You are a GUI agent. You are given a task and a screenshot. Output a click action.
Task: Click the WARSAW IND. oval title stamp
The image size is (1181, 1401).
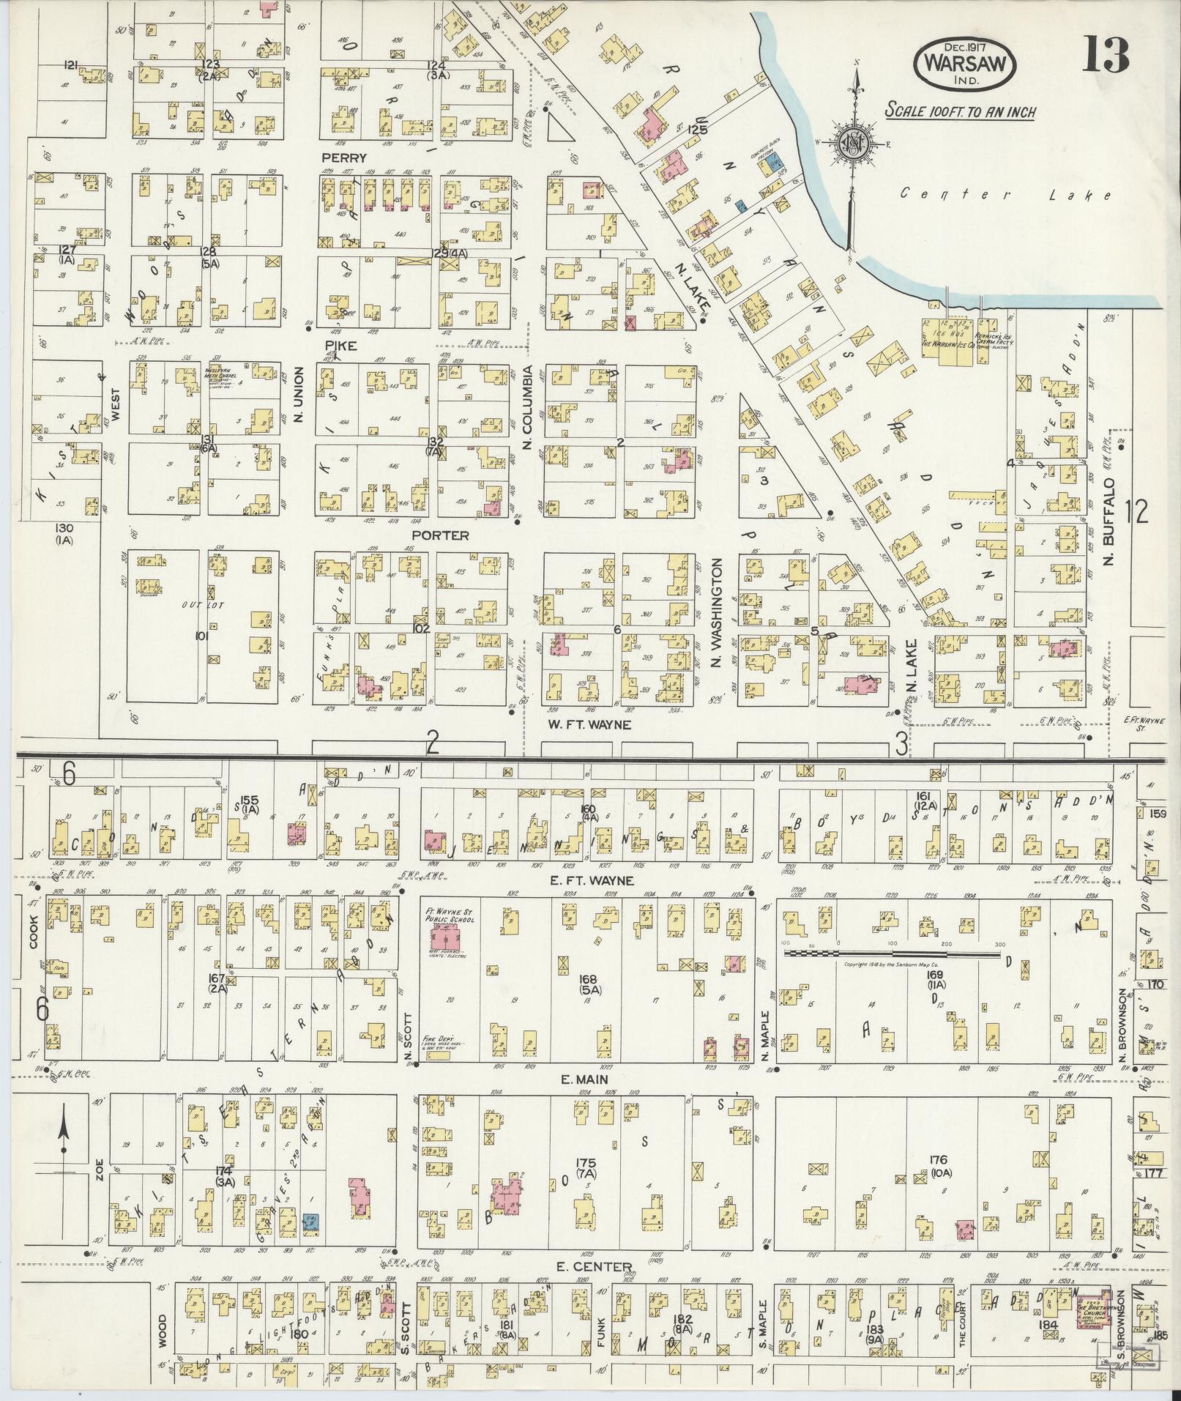[x=964, y=63]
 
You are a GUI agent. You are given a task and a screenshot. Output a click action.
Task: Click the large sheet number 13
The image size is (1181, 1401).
[x=1106, y=56]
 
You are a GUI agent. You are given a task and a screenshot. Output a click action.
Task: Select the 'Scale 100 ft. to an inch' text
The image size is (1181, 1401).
[x=959, y=111]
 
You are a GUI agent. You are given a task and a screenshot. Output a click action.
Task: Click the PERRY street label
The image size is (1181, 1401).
[x=342, y=157]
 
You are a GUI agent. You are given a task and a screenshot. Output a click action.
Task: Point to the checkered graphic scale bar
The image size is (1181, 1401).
[x=893, y=954]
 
